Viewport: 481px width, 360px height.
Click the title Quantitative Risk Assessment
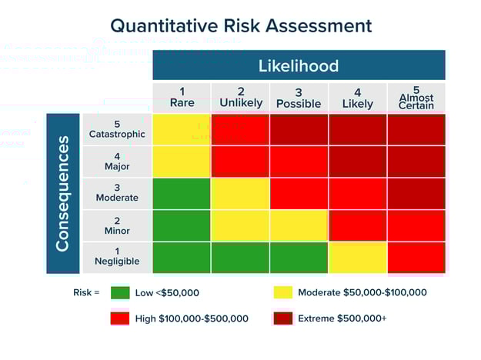point(240,25)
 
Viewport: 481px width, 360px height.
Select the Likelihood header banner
point(299,65)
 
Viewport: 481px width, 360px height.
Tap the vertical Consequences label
point(63,193)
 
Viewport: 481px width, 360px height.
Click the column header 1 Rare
point(182,97)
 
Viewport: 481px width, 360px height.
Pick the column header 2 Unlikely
point(240,97)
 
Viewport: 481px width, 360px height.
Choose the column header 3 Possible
point(299,98)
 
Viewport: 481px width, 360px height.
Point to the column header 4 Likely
point(357,98)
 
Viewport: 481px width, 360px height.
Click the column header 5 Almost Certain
point(416,98)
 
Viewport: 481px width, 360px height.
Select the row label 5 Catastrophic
point(117,128)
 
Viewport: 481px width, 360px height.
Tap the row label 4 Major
point(117,161)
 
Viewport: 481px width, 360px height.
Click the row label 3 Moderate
point(117,193)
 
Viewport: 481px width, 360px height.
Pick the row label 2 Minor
point(117,225)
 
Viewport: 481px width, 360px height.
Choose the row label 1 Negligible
point(117,257)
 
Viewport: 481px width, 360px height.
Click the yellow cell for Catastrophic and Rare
point(182,129)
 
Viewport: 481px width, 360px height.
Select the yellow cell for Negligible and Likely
point(357,258)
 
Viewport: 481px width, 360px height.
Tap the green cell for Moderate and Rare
point(182,193)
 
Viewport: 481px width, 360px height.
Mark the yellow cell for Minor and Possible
point(299,225)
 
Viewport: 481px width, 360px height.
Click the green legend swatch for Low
point(120,292)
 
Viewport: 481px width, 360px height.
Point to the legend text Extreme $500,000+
point(342,318)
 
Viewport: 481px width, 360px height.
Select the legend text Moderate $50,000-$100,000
point(362,292)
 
